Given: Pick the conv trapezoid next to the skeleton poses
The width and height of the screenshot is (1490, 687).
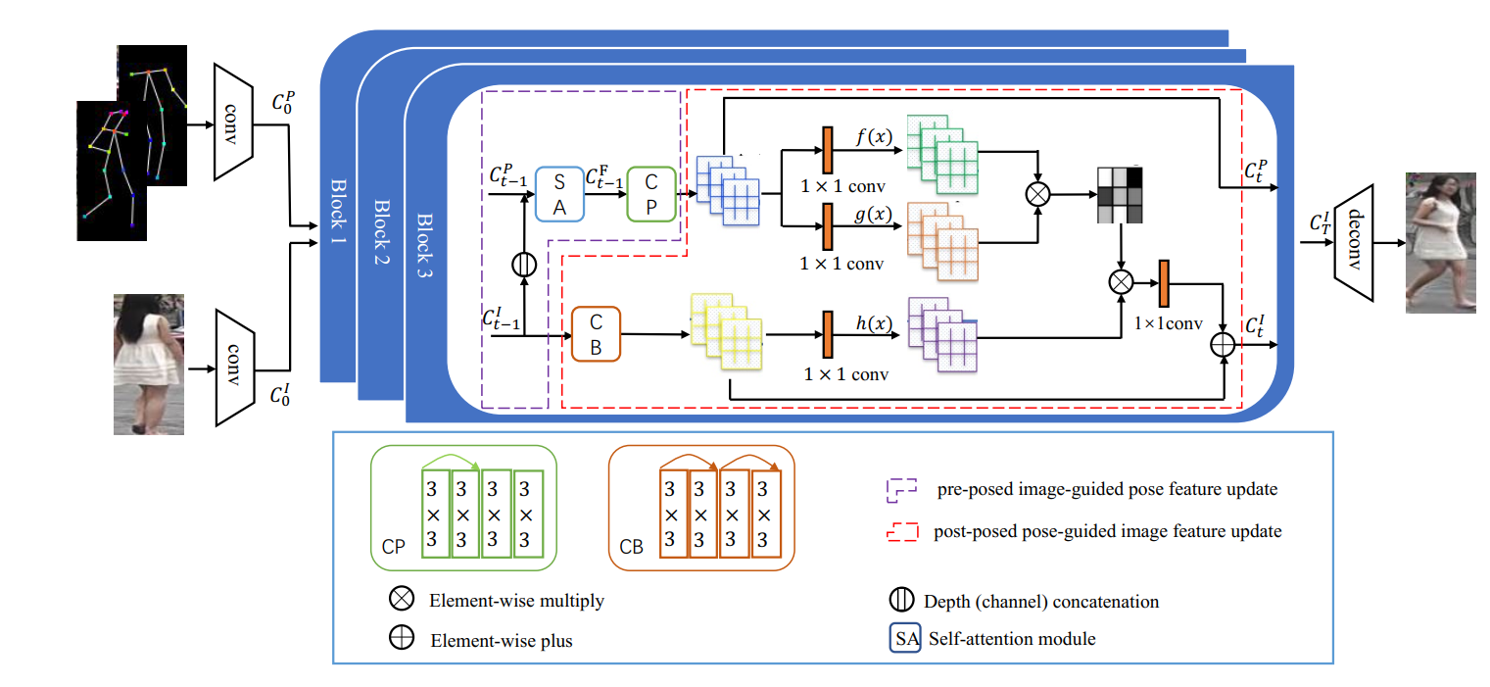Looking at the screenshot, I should pos(233,123).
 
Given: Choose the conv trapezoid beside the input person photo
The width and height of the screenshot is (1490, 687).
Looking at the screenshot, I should pos(234,368).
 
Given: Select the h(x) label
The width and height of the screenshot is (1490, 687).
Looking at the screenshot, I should pos(871,324).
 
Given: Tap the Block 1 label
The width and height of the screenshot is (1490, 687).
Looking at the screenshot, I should pos(339,212).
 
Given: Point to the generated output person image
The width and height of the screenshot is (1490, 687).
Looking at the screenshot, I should pos(1440,242).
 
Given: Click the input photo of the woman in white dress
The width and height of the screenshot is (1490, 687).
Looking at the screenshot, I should pos(149,364).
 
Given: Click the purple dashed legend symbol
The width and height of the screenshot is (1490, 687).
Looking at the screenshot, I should pos(902,489).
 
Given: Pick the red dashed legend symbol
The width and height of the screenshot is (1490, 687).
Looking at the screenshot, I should pos(902,531).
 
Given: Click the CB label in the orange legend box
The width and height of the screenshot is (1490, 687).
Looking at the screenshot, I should pos(632,547).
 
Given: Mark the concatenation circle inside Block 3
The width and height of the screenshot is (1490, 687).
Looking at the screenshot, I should pos(525,263).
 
